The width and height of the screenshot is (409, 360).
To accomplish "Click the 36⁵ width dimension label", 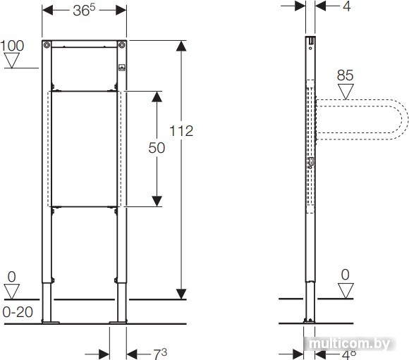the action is (x=84, y=11).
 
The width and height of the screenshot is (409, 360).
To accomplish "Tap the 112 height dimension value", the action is (x=181, y=131).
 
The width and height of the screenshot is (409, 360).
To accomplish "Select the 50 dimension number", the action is (x=157, y=148).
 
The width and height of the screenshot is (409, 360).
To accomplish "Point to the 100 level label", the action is (x=12, y=46).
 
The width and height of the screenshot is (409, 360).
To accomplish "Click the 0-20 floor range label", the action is (x=18, y=312).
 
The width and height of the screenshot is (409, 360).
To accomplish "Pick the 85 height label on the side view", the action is (x=345, y=75).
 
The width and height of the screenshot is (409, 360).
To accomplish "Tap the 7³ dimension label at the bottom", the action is (x=160, y=354).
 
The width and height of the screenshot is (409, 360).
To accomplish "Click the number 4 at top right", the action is (x=347, y=6).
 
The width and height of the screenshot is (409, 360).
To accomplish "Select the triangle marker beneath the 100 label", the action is (x=12, y=61).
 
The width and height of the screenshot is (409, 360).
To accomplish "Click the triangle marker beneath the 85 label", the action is (x=346, y=92).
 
